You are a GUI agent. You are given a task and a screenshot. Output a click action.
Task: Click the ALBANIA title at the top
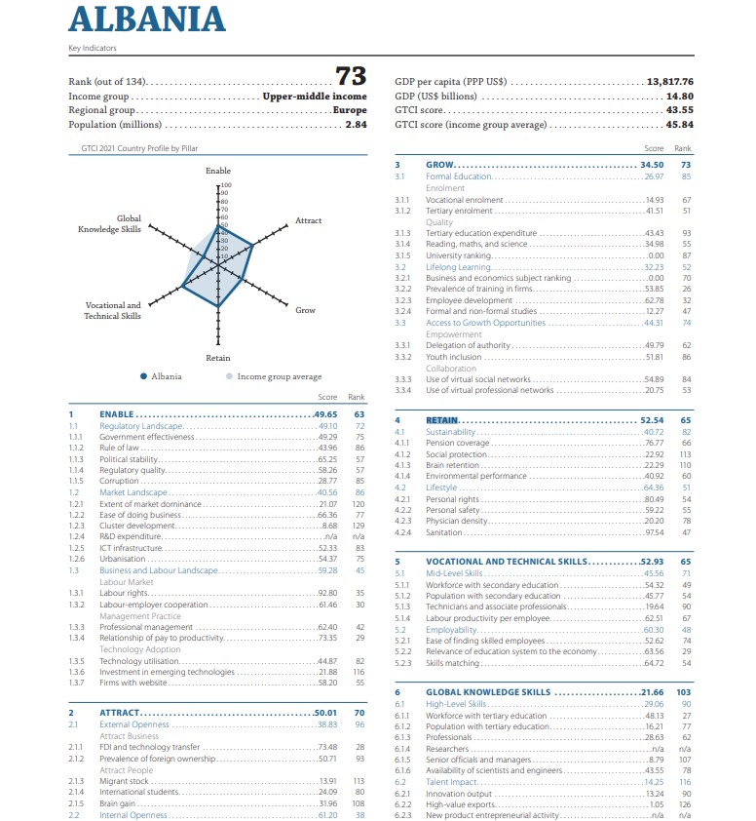147,20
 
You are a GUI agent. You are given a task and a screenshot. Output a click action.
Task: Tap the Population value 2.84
356,125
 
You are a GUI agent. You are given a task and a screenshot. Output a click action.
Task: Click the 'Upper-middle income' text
315,96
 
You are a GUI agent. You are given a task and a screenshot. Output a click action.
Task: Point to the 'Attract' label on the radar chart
309,221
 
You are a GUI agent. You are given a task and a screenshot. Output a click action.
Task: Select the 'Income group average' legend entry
280,376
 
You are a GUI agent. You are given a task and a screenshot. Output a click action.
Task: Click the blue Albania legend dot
144,376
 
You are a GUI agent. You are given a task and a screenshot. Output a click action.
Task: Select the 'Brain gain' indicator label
119,803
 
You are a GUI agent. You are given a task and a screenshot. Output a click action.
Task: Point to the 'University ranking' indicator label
458,255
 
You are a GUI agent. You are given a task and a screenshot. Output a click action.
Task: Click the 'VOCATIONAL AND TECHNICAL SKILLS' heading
507,562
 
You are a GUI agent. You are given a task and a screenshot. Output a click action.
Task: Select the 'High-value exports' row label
461,804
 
